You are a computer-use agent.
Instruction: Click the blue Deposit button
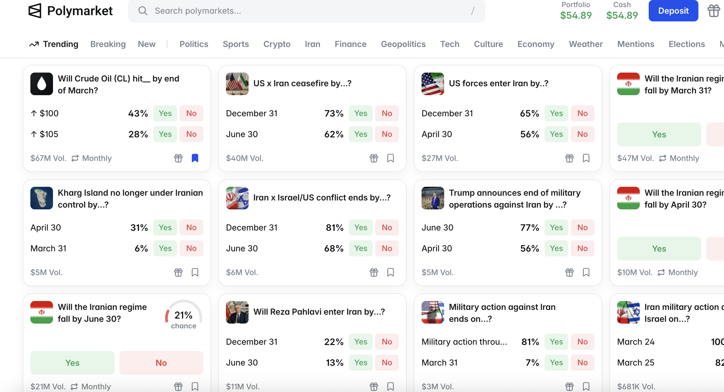pyautogui.click(x=673, y=11)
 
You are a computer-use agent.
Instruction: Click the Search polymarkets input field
pyautogui.click(x=307, y=11)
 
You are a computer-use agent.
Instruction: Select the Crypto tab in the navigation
pyautogui.click(x=277, y=44)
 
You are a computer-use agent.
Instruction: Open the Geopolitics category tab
pyautogui.click(x=403, y=44)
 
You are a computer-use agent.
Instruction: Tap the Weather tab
pyautogui.click(x=586, y=44)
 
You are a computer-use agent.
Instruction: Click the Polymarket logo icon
pyautogui.click(x=35, y=11)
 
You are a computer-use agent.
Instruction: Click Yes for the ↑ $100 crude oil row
pyautogui.click(x=165, y=113)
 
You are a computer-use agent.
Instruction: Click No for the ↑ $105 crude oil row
pyautogui.click(x=191, y=134)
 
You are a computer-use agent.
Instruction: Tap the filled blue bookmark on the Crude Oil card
pyautogui.click(x=195, y=158)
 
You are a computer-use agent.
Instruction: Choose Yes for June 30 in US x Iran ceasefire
pyautogui.click(x=361, y=134)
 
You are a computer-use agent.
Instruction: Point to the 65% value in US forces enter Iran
pyautogui.click(x=529, y=113)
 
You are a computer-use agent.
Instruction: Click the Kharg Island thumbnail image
pyautogui.click(x=42, y=198)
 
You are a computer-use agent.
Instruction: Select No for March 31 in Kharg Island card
pyautogui.click(x=191, y=248)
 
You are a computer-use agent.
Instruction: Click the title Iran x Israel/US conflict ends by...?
pyautogui.click(x=322, y=198)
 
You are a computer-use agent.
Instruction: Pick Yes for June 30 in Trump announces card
pyautogui.click(x=556, y=228)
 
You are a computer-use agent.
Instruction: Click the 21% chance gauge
pyautogui.click(x=183, y=316)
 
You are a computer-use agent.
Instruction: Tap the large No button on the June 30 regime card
pyautogui.click(x=161, y=363)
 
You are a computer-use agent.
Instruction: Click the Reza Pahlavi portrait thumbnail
pyautogui.click(x=237, y=312)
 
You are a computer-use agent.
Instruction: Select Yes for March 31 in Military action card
pyautogui.click(x=556, y=363)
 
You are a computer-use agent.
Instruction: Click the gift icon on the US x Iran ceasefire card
pyautogui.click(x=374, y=158)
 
